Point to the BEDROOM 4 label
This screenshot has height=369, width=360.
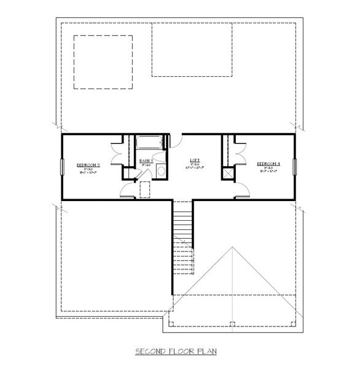point(268,164)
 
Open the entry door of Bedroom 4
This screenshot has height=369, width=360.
point(241,191)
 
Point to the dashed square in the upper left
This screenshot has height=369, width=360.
point(103,62)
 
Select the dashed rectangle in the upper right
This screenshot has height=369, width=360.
point(192,50)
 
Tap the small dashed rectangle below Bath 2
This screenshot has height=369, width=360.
point(146,190)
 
